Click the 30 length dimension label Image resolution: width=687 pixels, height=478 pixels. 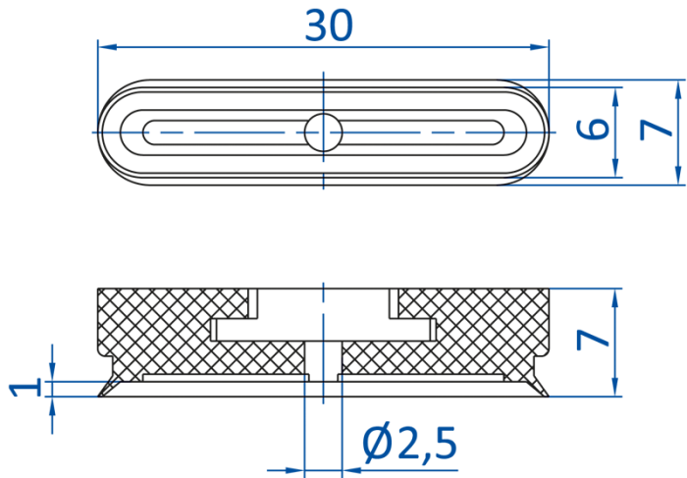[x=329, y=26]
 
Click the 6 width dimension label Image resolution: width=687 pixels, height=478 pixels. [x=593, y=129]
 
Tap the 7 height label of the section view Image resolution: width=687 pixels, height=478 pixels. [x=593, y=340]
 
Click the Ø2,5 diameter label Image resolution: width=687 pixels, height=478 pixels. [x=409, y=443]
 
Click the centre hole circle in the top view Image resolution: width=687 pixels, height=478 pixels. [x=323, y=133]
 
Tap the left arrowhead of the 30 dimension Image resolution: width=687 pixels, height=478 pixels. [x=107, y=47]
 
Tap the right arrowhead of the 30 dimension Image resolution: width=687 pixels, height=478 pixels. [x=540, y=47]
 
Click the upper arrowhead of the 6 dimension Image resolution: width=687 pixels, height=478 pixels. [x=615, y=97]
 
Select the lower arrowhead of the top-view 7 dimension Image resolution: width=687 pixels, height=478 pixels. [x=678, y=176]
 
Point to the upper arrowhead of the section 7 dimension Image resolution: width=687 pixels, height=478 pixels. [x=615, y=298]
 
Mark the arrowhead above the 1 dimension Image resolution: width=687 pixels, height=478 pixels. [x=53, y=372]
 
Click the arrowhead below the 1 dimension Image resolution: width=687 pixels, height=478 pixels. [x=53, y=406]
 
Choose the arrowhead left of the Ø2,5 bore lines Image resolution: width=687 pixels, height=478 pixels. [x=294, y=470]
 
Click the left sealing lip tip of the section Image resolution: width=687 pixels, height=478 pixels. [x=99, y=396]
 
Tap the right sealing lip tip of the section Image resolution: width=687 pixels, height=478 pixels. [x=548, y=396]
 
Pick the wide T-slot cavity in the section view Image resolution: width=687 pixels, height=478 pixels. [x=323, y=330]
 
